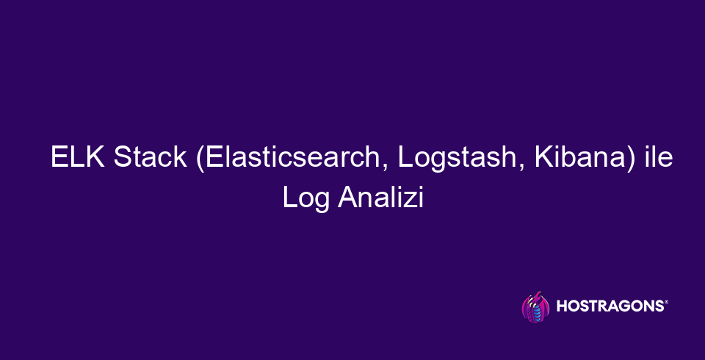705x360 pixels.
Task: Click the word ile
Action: [657, 159]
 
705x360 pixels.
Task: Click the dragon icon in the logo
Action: [535, 307]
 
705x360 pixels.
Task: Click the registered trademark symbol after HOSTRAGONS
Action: [665, 303]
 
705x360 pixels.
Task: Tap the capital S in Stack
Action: [123, 159]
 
